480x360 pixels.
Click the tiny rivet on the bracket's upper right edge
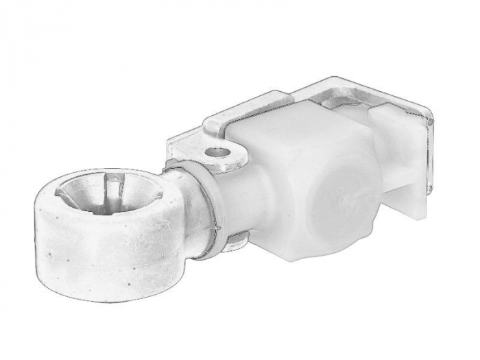430,121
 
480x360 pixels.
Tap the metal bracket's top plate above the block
343,96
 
